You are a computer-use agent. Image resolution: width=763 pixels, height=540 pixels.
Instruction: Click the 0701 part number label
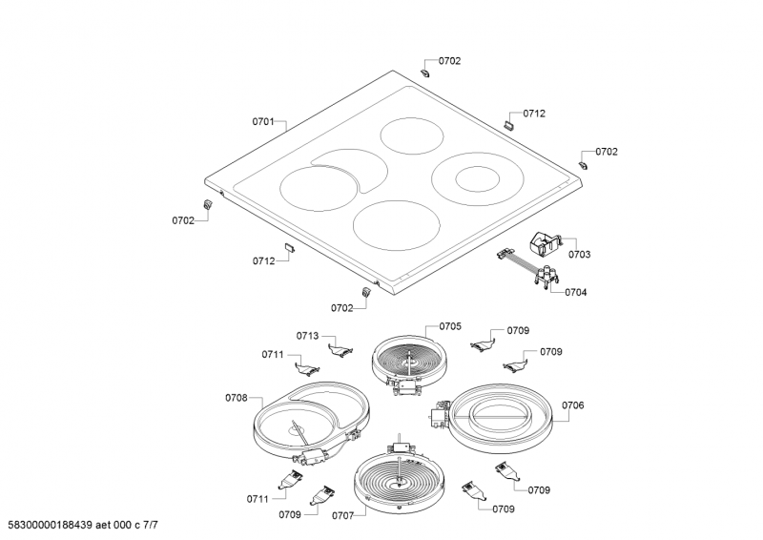[x=263, y=122]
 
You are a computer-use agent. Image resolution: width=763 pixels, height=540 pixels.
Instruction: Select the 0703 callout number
[x=580, y=254]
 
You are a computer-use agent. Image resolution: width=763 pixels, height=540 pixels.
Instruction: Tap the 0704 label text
[x=576, y=292]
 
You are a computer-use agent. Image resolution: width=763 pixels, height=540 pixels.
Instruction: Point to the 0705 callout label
[x=450, y=326]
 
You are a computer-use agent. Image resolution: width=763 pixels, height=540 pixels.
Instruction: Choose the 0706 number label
[x=573, y=405]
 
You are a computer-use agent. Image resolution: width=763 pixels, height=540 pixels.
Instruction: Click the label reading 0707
[x=343, y=515]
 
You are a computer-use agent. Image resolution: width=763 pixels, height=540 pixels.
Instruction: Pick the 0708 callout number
[x=236, y=398]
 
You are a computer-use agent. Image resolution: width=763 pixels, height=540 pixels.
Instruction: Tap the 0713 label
[x=307, y=336]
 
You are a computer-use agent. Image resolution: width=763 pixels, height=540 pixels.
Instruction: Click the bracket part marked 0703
[x=545, y=242]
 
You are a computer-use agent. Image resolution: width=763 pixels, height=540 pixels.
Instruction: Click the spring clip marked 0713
[x=340, y=349]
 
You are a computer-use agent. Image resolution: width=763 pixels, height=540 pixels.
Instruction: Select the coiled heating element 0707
[x=400, y=480]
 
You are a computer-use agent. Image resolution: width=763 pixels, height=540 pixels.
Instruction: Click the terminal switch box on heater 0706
[x=439, y=415]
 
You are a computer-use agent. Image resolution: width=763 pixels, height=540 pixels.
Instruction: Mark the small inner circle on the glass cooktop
[x=478, y=178]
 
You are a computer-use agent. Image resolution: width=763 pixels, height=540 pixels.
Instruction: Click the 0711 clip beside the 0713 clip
[x=307, y=368]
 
